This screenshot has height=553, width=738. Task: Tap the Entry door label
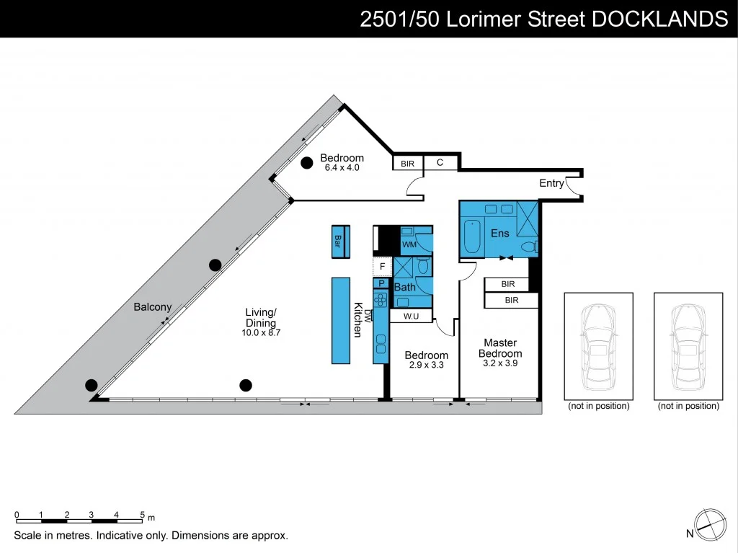point(551,183)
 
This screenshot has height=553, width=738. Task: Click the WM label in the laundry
point(409,245)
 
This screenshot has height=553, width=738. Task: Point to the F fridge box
point(382,267)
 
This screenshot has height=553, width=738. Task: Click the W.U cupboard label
point(411,315)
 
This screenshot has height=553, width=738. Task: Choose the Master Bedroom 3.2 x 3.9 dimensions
point(500,363)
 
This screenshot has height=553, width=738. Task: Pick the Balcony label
point(152,307)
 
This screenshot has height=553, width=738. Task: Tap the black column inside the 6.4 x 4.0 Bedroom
point(306,162)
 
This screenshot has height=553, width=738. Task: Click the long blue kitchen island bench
point(341,320)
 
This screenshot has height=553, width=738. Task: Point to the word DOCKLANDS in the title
point(659,19)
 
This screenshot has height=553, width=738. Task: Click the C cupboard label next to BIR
point(440,163)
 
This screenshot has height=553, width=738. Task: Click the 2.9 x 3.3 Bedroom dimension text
point(426,365)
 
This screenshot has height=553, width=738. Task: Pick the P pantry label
point(381,284)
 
